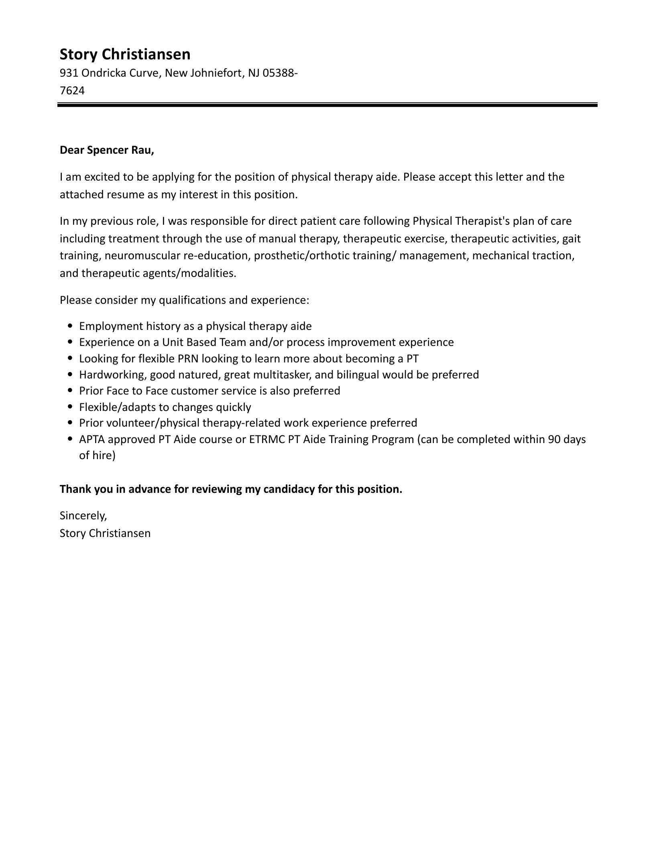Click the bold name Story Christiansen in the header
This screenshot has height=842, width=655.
125,54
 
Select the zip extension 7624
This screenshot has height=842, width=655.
72,91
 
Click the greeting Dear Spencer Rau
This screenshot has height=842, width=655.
107,150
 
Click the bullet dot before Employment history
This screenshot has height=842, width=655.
71,326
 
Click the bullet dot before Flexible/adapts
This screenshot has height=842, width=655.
71,407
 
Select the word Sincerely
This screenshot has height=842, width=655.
83,515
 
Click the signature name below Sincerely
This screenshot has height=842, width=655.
105,533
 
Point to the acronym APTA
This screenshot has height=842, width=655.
92,439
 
